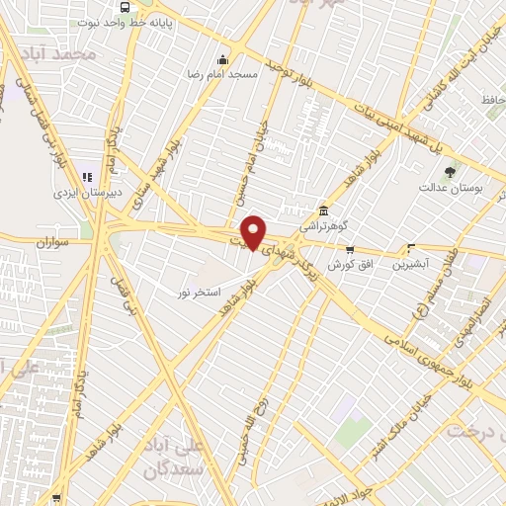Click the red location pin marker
tap(254, 230)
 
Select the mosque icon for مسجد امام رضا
tap(221, 58)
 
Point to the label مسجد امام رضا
tap(224, 74)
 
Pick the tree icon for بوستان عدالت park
tap(451, 172)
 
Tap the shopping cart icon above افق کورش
tap(349, 250)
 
